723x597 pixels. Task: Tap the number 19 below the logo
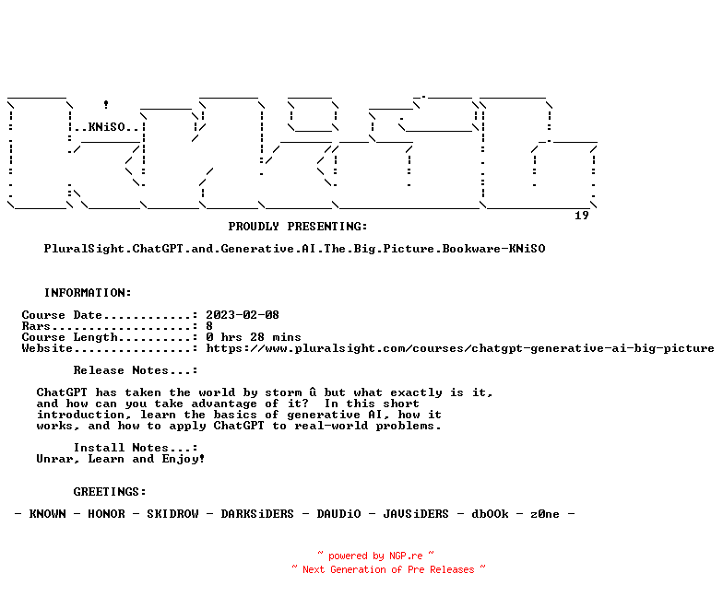tap(581, 216)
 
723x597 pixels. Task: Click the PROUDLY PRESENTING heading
tap(298, 227)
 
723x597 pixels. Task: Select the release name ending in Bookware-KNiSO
tap(294, 249)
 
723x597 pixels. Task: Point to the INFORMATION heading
tap(88, 293)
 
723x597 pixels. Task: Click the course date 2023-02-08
tap(243, 315)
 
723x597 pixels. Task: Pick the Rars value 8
tap(209, 326)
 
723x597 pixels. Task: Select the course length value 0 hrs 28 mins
tap(254, 337)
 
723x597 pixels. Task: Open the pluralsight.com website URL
tap(460, 348)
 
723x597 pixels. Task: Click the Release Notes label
tap(136, 370)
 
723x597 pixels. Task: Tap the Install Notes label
tap(136, 448)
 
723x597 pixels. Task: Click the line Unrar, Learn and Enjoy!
tap(121, 459)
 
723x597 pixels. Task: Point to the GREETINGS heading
tap(110, 492)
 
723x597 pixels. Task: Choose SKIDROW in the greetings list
tap(172, 514)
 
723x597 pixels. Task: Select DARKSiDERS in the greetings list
tap(257, 514)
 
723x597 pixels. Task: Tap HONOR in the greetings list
tap(106, 514)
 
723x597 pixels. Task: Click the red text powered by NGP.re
tap(375, 556)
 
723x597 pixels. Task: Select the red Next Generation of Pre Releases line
tap(388, 569)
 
